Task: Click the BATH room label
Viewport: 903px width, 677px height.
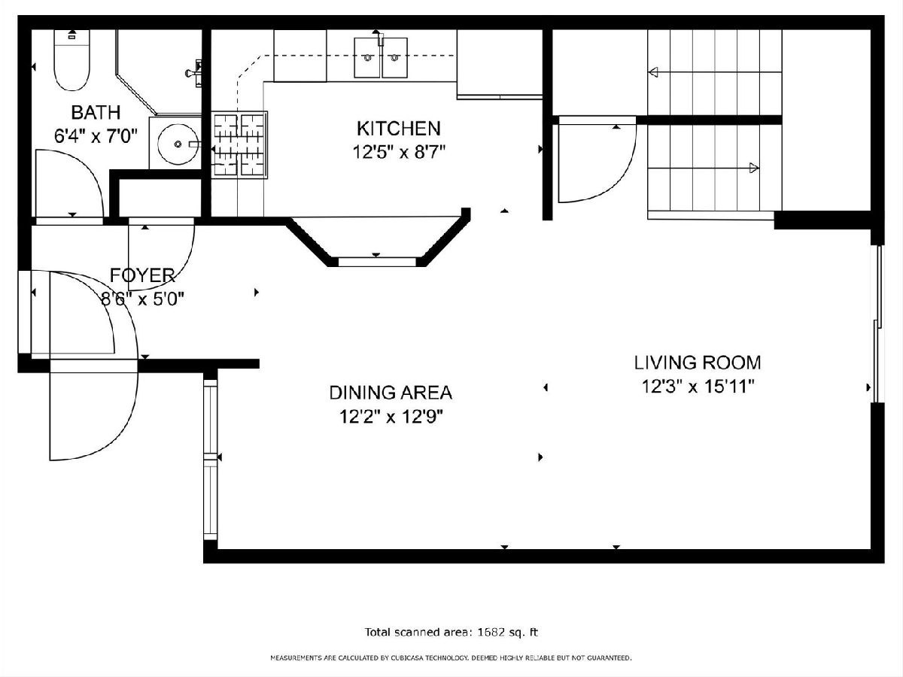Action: pyautogui.click(x=96, y=112)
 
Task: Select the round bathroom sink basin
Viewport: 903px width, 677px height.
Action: pyautogui.click(x=178, y=144)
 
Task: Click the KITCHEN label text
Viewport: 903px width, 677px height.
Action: pyautogui.click(x=398, y=129)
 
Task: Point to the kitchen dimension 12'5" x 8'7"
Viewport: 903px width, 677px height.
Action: pyautogui.click(x=399, y=153)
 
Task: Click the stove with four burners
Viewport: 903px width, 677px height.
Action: pyautogui.click(x=239, y=144)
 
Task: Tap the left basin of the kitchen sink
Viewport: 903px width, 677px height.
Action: pyautogui.click(x=367, y=58)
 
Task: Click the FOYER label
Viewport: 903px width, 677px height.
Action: pyautogui.click(x=142, y=275)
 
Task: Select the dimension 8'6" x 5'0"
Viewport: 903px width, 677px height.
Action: pyautogui.click(x=142, y=299)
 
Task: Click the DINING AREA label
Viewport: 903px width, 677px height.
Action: pyautogui.click(x=391, y=393)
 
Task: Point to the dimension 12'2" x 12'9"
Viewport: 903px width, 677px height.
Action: pyautogui.click(x=391, y=417)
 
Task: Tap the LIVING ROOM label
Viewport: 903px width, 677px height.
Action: pyautogui.click(x=698, y=363)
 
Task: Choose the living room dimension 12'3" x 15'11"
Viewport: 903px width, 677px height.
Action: pyautogui.click(x=698, y=387)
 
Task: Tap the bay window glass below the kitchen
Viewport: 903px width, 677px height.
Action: pyautogui.click(x=377, y=262)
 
